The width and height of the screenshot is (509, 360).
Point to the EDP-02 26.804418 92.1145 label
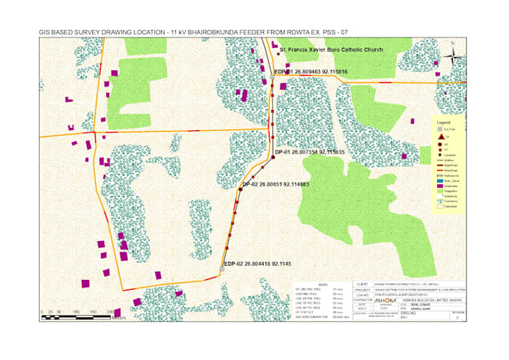[x=257, y=263]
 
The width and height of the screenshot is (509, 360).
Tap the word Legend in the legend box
[x=443, y=121]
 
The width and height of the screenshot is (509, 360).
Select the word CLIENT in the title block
[x=363, y=284]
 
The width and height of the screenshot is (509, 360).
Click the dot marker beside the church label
[x=278, y=53]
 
